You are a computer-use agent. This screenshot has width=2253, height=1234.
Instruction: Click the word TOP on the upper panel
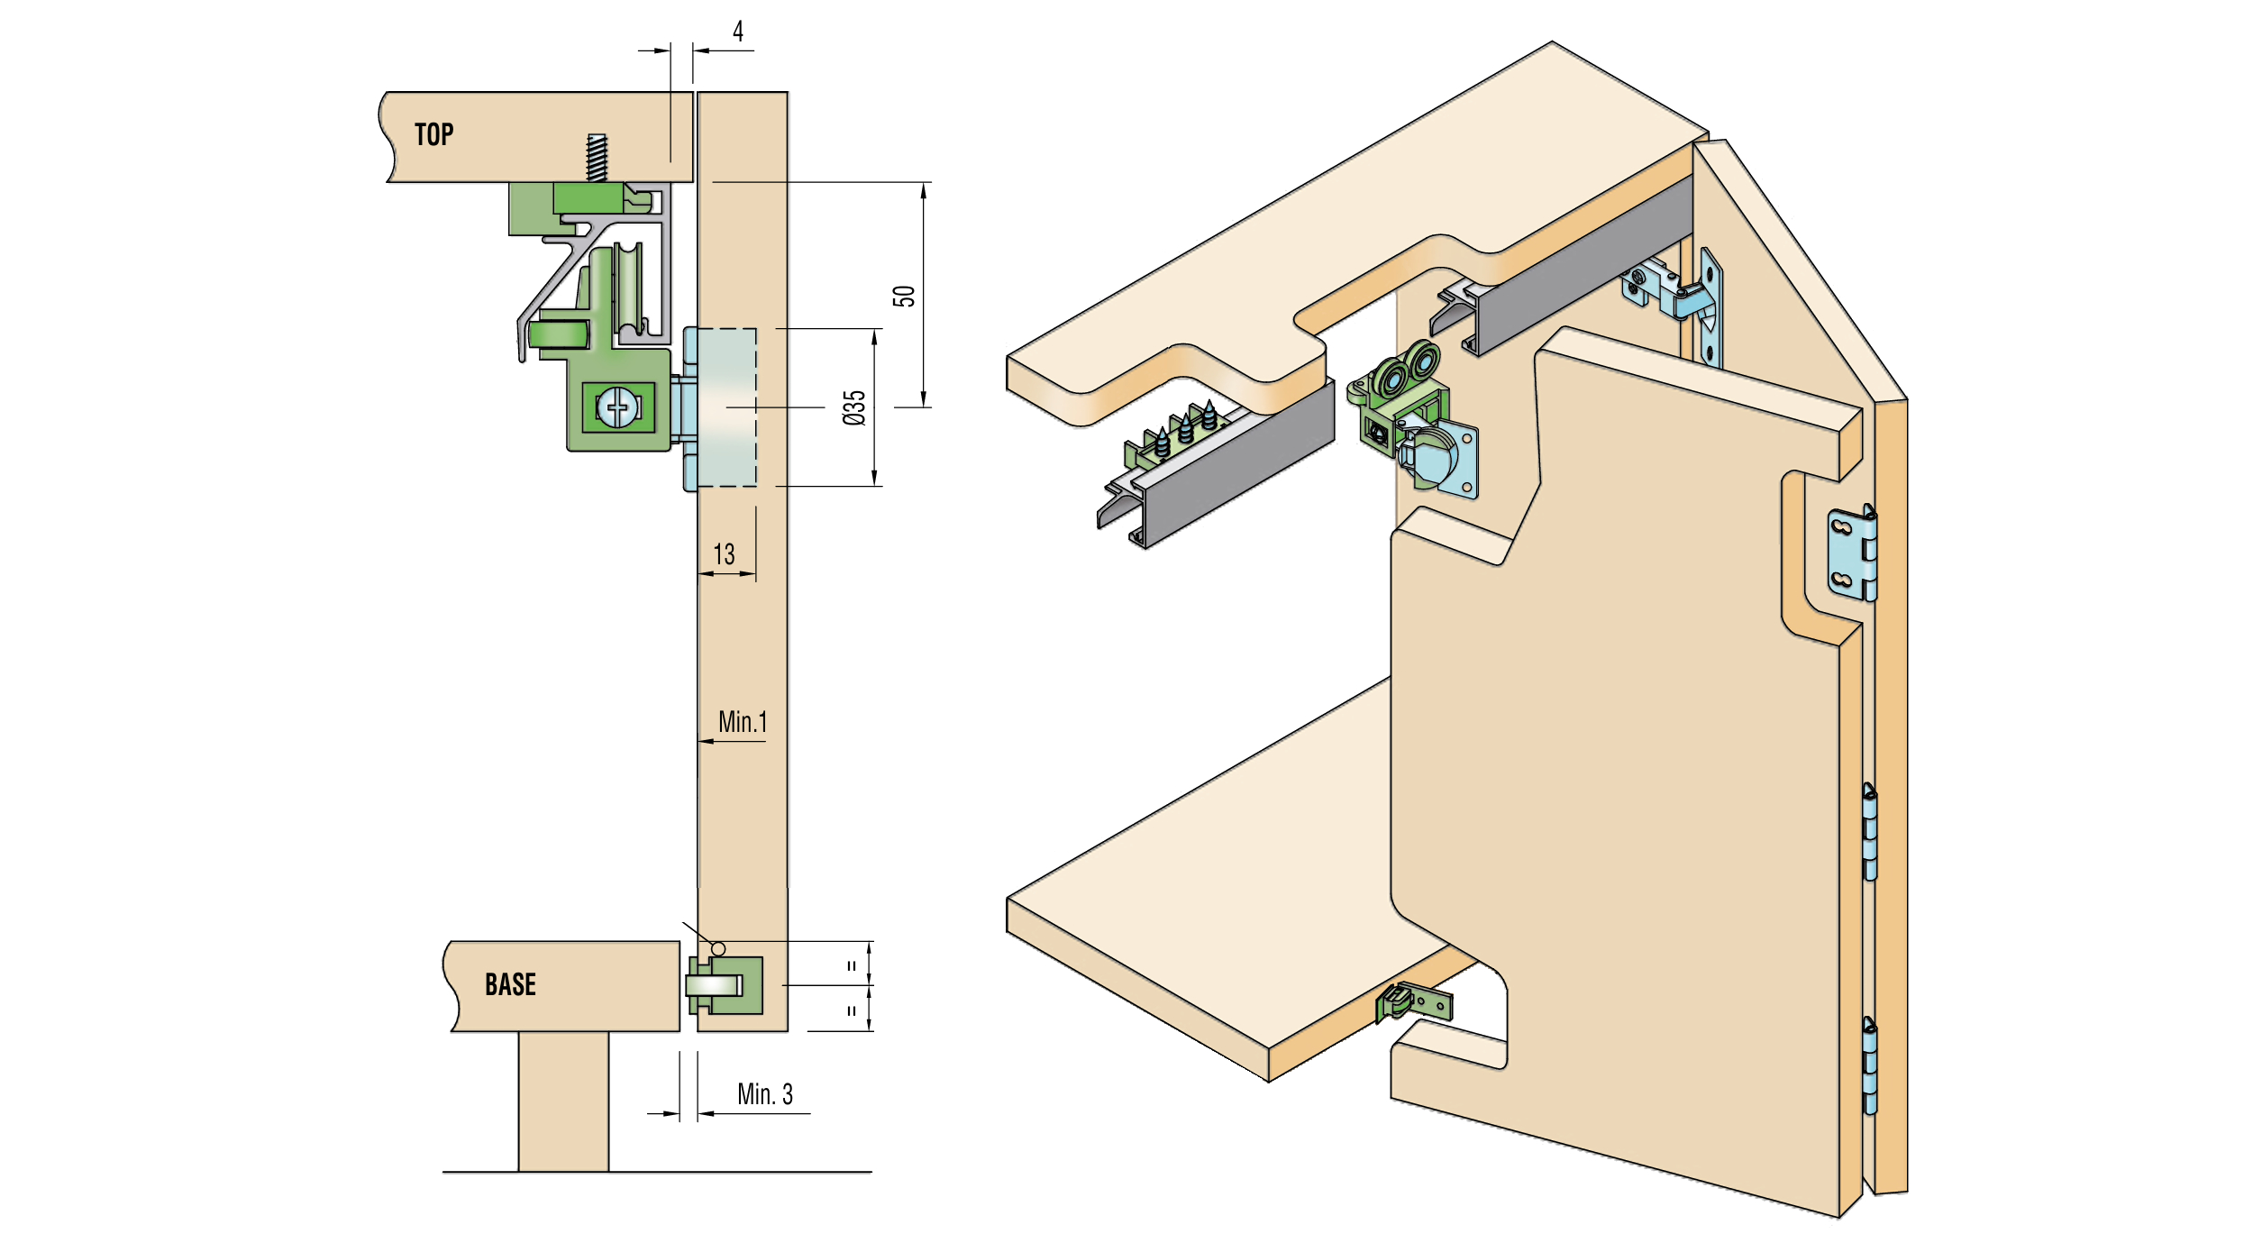tap(433, 134)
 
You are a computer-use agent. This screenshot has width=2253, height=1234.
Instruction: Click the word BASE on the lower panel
tap(510, 984)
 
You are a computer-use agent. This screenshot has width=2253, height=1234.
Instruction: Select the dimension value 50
tap(904, 296)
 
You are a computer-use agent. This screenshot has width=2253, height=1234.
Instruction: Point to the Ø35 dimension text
tap(853, 407)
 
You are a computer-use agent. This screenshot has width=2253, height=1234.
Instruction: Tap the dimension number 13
tap(724, 553)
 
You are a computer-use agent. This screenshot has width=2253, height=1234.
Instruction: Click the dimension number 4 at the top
tap(738, 32)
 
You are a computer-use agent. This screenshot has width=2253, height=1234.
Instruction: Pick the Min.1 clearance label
tap(743, 721)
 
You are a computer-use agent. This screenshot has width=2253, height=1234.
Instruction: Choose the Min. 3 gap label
tap(765, 1093)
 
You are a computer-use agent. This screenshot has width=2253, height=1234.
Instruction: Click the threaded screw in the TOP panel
tap(597, 158)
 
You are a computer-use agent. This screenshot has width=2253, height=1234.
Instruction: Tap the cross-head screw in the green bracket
tap(618, 407)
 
